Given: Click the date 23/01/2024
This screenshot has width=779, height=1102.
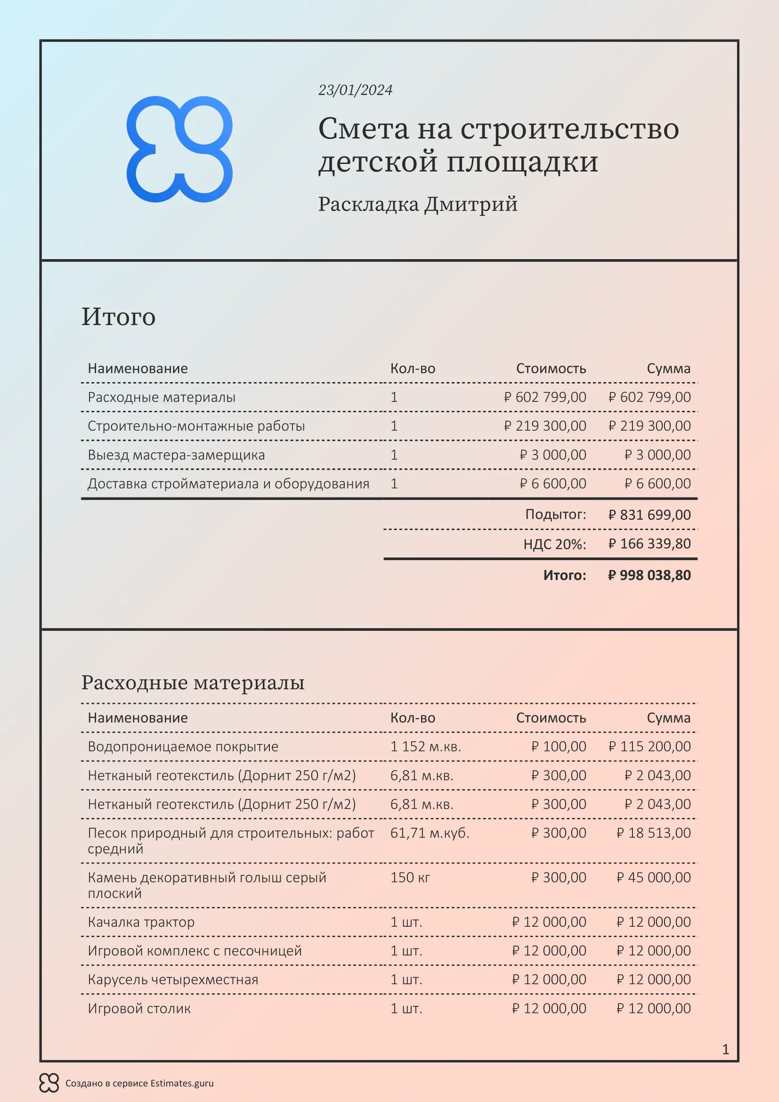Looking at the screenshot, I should (x=355, y=90).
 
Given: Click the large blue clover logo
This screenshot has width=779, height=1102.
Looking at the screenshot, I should (x=179, y=149).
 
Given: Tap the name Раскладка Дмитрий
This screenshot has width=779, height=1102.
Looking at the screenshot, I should (x=417, y=204).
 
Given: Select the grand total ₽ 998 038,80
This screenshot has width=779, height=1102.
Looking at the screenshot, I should (x=649, y=575).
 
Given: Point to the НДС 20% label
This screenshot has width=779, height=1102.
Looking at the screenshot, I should (x=554, y=544).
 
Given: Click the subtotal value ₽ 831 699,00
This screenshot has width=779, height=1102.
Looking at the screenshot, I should (x=649, y=514).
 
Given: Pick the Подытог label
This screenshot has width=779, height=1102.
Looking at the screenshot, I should (x=555, y=514).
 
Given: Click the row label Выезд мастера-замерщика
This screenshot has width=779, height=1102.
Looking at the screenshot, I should (x=176, y=455).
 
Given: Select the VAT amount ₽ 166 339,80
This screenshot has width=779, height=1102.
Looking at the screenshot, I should (x=649, y=544).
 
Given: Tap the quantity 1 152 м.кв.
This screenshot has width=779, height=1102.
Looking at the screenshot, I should (x=425, y=746).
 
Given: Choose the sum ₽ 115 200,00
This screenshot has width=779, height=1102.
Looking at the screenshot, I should (x=649, y=746).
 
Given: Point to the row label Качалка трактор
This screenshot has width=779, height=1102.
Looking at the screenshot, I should (x=141, y=922).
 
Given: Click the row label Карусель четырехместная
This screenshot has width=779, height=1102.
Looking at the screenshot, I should (x=173, y=979).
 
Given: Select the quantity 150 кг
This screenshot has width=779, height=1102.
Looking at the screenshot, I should (x=410, y=877).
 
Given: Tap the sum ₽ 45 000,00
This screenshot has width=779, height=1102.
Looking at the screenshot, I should (x=653, y=877).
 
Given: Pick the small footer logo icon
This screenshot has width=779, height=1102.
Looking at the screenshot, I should (x=49, y=1083).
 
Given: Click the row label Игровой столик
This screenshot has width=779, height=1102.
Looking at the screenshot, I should (x=139, y=1008).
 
